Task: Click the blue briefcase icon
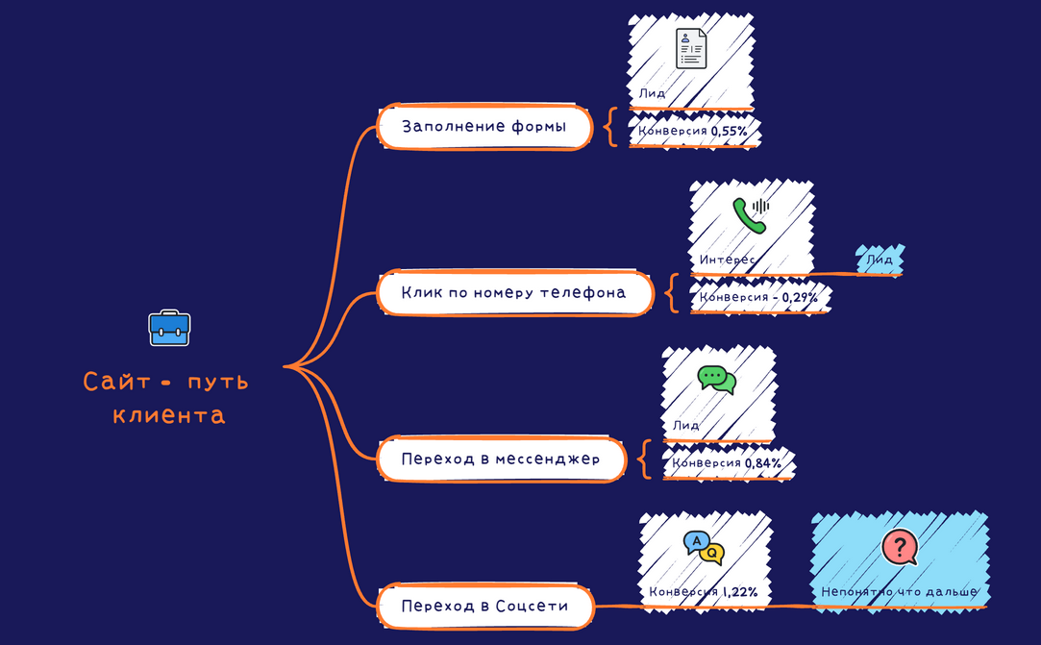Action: click(169, 328)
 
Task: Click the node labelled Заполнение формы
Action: click(484, 126)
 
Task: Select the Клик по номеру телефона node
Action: click(515, 292)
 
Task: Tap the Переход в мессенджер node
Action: click(501, 459)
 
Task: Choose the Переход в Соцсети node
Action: click(485, 606)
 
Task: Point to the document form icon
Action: click(691, 48)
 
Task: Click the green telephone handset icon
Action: click(751, 215)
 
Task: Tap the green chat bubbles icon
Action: click(717, 380)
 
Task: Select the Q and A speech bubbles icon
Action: click(704, 548)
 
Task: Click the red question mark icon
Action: click(901, 547)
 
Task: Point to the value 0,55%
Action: click(729, 132)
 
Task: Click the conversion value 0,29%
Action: click(800, 298)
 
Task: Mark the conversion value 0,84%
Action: click(763, 463)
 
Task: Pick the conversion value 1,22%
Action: click(739, 591)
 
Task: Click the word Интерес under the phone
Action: click(727, 260)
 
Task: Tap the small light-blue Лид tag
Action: click(880, 260)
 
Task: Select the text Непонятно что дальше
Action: click(900, 591)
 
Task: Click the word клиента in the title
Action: click(168, 415)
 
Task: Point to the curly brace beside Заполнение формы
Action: click(610, 126)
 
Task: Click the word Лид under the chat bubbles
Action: click(685, 425)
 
